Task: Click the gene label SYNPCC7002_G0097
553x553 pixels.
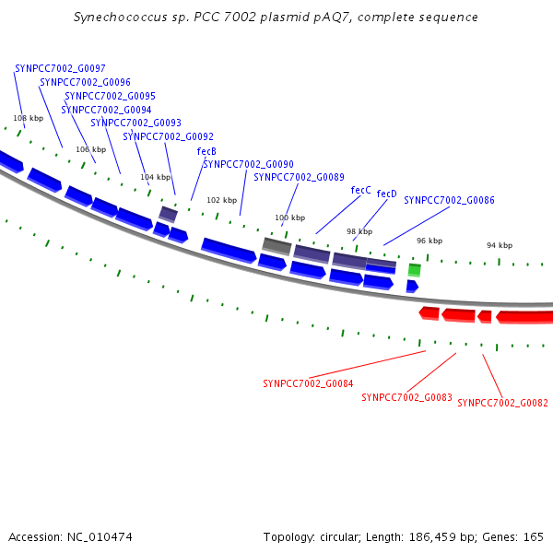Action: pyautogui.click(x=60, y=68)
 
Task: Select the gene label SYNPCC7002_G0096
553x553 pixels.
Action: pyautogui.click(x=85, y=82)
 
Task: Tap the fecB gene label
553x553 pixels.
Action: pyautogui.click(x=206, y=151)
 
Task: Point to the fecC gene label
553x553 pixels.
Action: pyautogui.click(x=360, y=190)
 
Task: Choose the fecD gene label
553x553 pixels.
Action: pyautogui.click(x=386, y=194)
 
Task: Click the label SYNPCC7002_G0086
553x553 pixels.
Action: pyautogui.click(x=449, y=200)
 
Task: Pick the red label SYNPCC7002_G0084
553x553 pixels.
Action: pyautogui.click(x=308, y=383)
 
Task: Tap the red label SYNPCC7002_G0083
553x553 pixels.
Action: pyautogui.click(x=406, y=397)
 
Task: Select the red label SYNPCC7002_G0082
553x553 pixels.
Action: pyautogui.click(x=502, y=403)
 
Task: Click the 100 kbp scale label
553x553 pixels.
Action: pyautogui.click(x=290, y=218)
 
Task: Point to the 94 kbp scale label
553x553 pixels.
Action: pyautogui.click(x=500, y=245)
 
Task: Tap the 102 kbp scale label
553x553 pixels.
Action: pyautogui.click(x=221, y=200)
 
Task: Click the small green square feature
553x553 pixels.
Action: pyautogui.click(x=415, y=270)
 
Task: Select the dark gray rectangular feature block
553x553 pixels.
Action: pyautogui.click(x=276, y=246)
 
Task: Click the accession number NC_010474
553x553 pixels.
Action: pyautogui.click(x=100, y=537)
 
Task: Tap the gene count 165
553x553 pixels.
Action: pyautogui.click(x=534, y=537)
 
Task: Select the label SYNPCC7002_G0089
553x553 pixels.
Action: pyautogui.click(x=299, y=177)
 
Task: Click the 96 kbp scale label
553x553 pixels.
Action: pyautogui.click(x=429, y=241)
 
